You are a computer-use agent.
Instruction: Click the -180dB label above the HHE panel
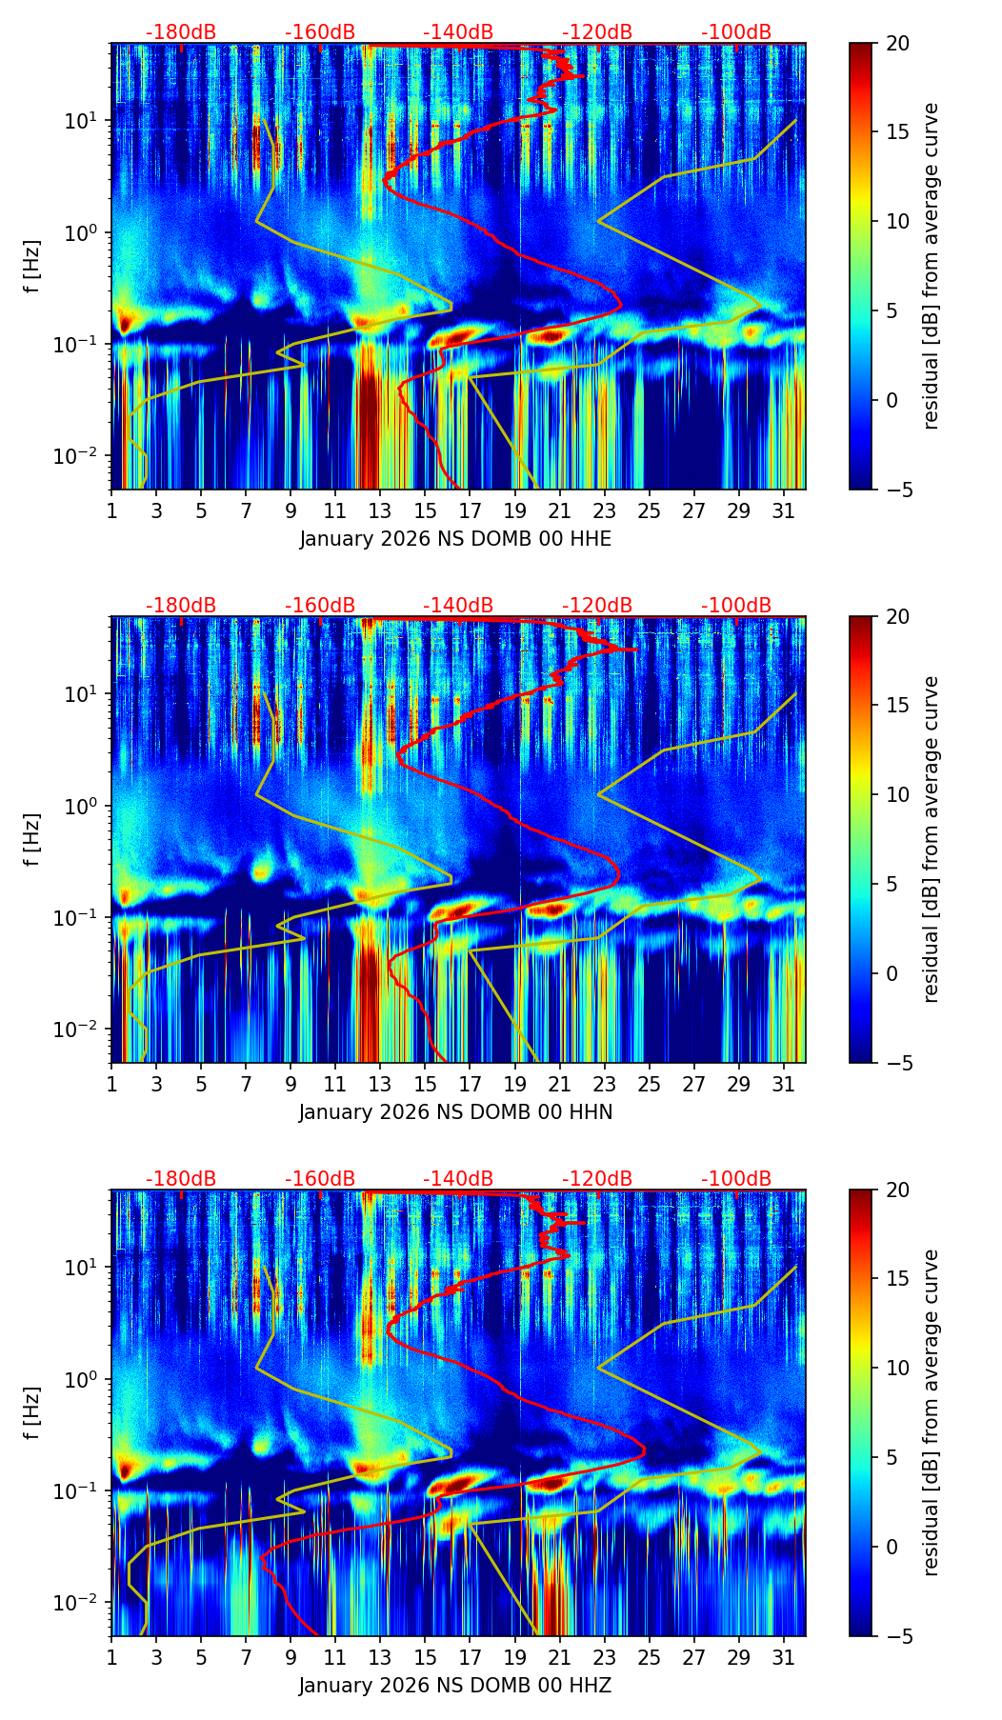[181, 32]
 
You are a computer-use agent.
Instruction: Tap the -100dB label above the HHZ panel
[736, 1179]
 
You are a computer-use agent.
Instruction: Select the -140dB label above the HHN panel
[458, 606]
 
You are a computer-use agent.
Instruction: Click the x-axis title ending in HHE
[455, 539]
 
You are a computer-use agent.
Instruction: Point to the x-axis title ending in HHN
[455, 1112]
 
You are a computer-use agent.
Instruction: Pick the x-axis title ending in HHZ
[455, 1686]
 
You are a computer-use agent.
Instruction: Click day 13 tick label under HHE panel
[380, 511]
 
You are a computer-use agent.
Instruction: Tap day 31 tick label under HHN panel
[783, 1085]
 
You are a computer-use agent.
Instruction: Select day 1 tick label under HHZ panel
[111, 1658]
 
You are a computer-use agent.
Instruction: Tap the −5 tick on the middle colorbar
[897, 1063]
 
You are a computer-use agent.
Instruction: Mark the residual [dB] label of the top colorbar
[932, 266]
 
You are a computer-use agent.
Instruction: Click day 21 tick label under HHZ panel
[559, 1658]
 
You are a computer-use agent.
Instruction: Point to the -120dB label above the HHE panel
[597, 32]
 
